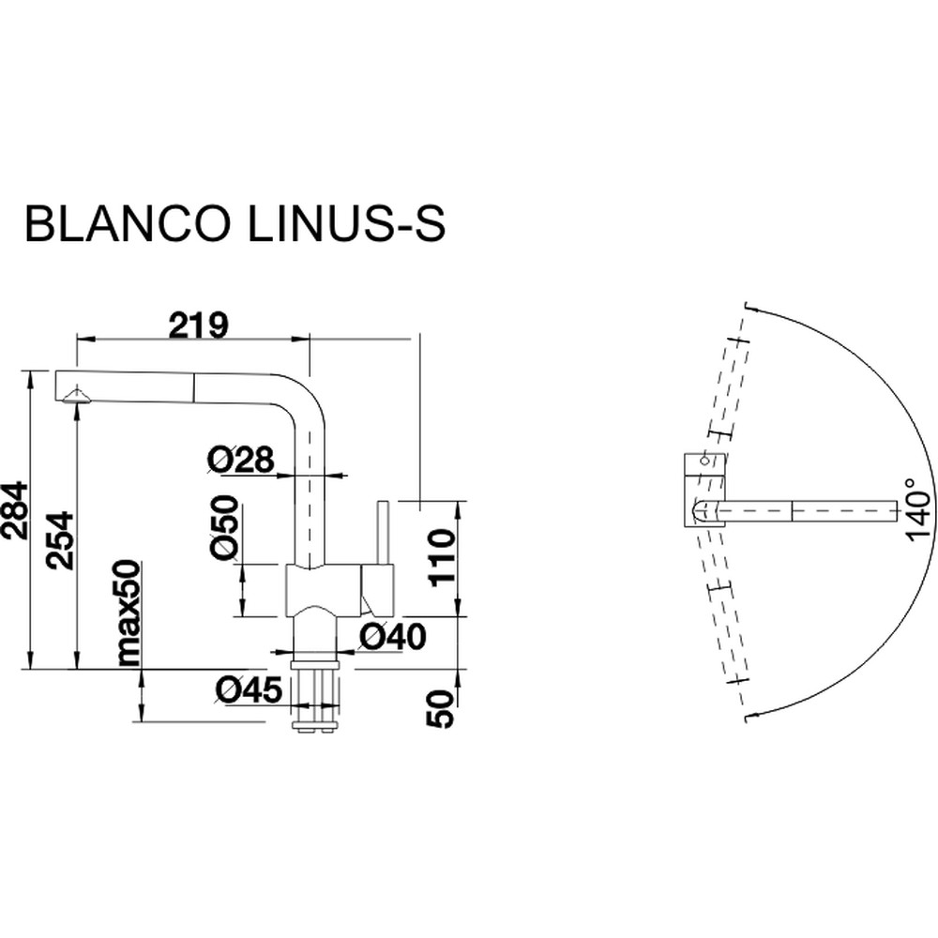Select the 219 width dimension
tap(198, 325)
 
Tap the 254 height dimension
tap(60, 539)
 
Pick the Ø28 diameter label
tap(240, 460)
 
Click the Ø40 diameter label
tap(392, 637)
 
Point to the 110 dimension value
tap(442, 557)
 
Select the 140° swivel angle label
tap(916, 510)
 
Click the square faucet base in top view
tap(705, 488)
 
